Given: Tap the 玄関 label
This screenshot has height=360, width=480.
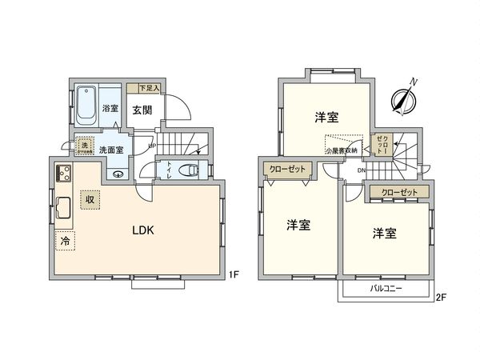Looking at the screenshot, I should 142,110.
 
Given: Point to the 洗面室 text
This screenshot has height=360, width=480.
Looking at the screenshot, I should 111,150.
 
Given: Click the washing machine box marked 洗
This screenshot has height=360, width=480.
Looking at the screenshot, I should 83,146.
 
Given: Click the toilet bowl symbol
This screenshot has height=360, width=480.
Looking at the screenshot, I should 190,170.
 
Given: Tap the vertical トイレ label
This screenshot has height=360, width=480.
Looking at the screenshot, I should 170,170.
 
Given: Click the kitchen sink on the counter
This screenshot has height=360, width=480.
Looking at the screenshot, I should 64,209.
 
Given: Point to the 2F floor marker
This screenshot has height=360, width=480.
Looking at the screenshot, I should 440,298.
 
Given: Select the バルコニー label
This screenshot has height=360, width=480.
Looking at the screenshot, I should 386,288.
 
